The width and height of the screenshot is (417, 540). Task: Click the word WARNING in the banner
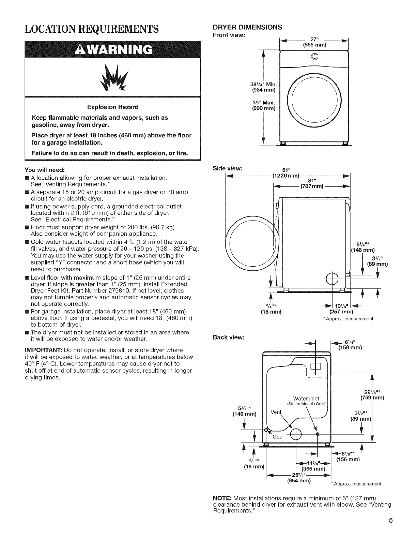120,50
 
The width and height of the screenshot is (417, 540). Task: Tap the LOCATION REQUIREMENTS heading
92,29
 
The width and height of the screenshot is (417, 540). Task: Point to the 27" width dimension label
314,42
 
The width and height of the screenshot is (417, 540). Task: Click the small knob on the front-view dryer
314,57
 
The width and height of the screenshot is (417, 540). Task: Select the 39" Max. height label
264,105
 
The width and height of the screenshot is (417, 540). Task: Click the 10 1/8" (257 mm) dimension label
341,309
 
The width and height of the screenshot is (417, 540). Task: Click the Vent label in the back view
276,412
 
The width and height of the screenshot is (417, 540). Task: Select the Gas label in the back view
277,437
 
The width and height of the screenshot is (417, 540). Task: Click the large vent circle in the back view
296,434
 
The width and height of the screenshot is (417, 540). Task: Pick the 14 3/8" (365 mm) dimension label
313,466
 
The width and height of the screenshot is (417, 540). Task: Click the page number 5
391,520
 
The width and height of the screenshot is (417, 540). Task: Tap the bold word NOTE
222,498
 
